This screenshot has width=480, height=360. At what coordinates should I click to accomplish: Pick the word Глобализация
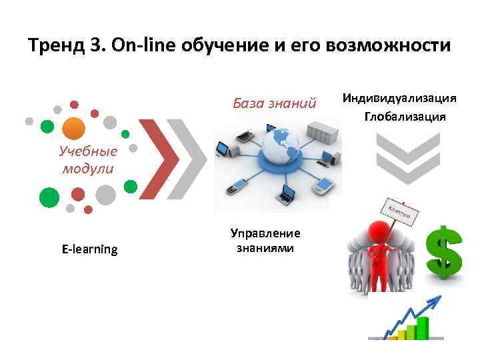(x=405, y=117)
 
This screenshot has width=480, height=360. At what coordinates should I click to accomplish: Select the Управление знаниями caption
(x=265, y=240)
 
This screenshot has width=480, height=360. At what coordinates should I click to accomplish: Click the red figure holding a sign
(x=381, y=247)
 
